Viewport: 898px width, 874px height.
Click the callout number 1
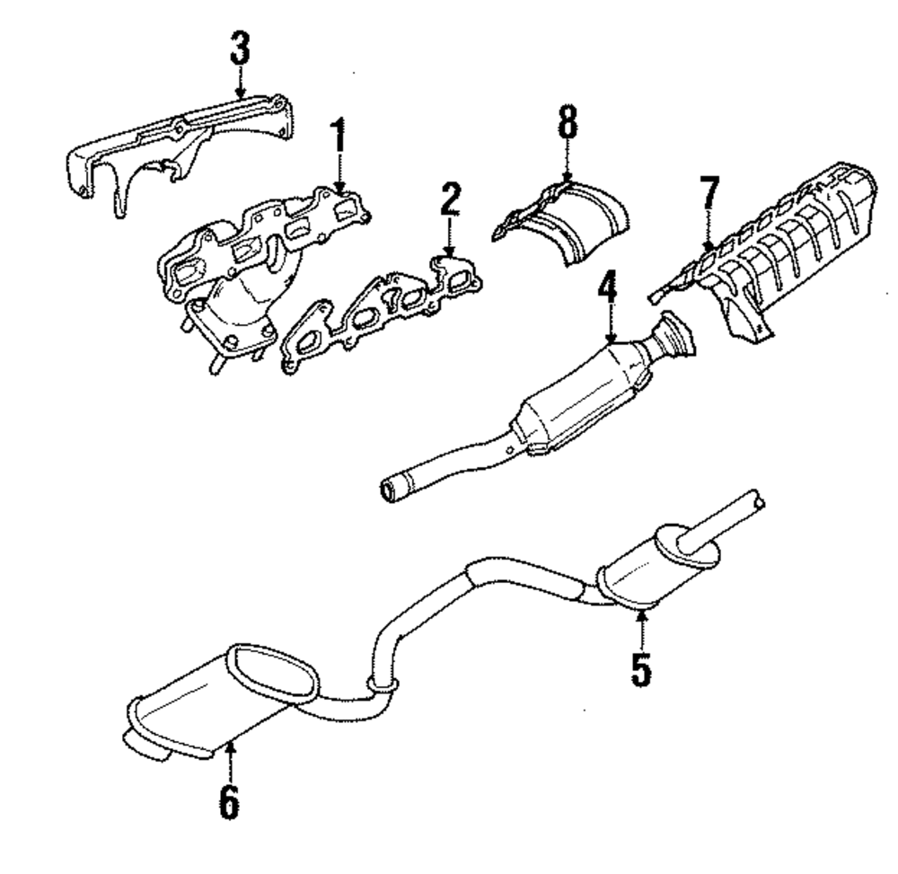(x=339, y=137)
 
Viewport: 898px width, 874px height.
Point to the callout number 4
(x=608, y=289)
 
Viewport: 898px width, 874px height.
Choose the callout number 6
(x=229, y=800)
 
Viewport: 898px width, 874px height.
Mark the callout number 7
(x=709, y=195)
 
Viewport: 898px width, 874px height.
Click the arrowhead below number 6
(x=230, y=746)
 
